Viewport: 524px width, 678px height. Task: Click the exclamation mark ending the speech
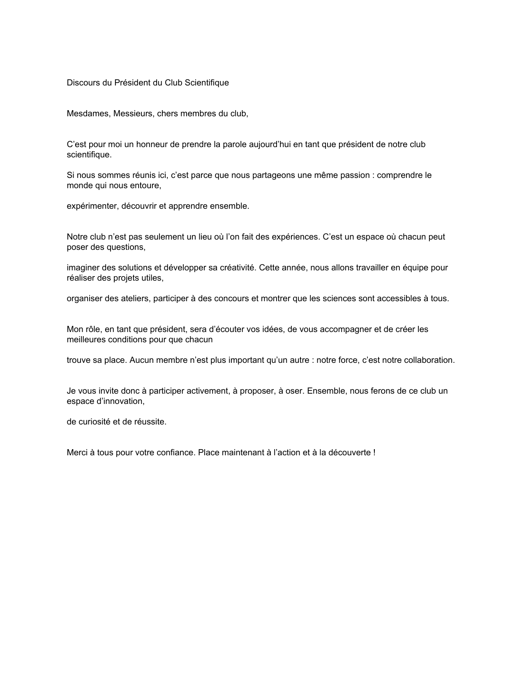click(x=374, y=452)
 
